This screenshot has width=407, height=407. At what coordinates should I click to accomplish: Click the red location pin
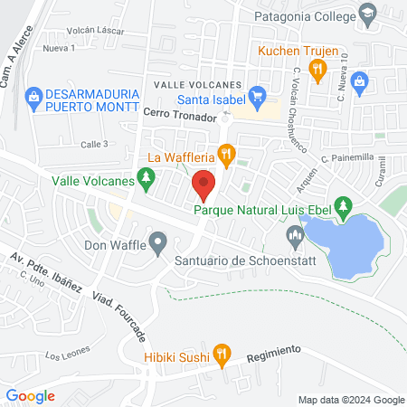click(203, 185)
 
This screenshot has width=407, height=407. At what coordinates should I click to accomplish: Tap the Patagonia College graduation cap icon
click(367, 13)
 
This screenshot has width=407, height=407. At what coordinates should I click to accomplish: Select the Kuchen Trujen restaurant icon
click(317, 69)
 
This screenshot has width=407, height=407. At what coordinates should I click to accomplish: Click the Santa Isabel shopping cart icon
click(257, 94)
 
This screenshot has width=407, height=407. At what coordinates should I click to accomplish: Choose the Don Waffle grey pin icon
click(158, 242)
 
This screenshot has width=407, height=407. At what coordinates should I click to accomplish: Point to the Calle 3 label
click(94, 144)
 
